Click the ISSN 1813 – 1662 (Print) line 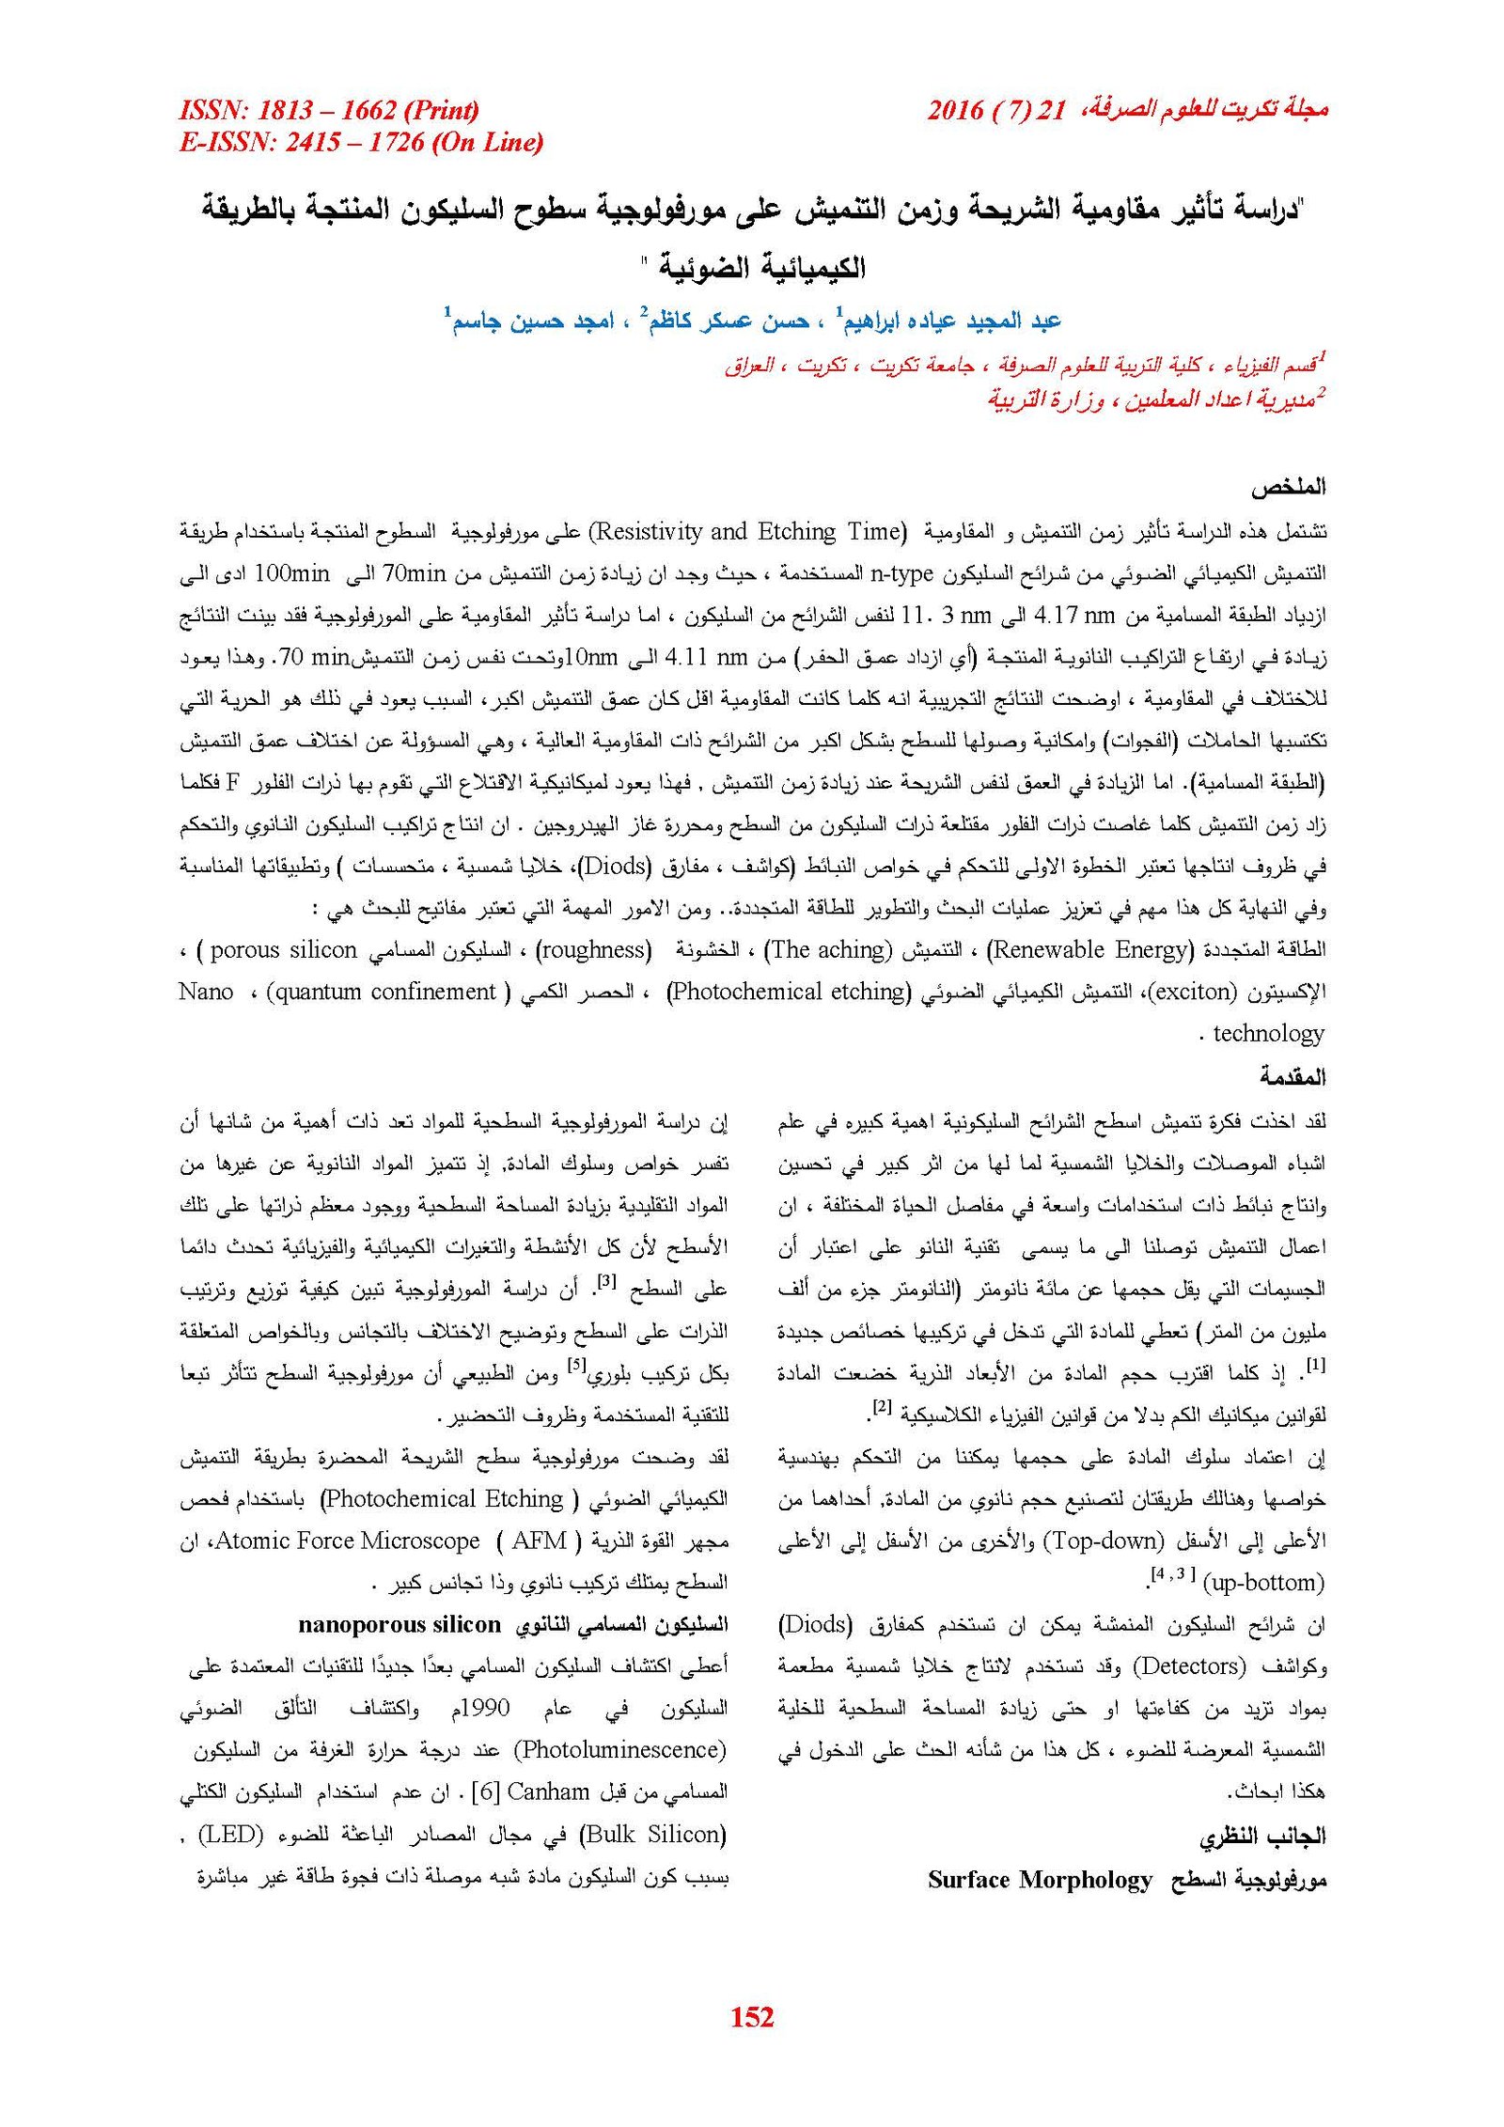coord(329,110)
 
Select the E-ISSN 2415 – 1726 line coord(361,142)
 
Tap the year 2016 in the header coord(955,110)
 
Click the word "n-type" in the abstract coord(901,573)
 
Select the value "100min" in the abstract coord(292,573)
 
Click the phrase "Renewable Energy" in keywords coord(1089,949)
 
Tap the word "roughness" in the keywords coord(593,949)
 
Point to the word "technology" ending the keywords coord(1268,1034)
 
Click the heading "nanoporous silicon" coord(399,1624)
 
